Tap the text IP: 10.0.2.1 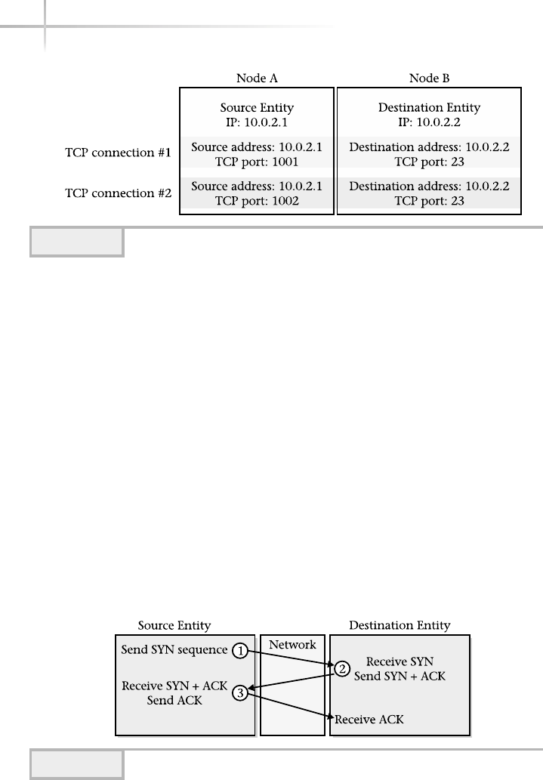(x=256, y=121)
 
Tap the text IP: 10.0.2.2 (x=428, y=121)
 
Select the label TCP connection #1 (x=119, y=153)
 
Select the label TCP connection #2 (x=119, y=193)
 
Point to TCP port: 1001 (x=256, y=161)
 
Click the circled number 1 (x=239, y=649)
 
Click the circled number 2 (x=341, y=667)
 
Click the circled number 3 (x=239, y=693)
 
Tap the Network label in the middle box (x=293, y=645)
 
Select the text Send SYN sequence (x=174, y=650)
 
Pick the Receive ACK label (x=369, y=719)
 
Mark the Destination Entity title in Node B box (x=428, y=107)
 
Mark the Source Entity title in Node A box (x=256, y=107)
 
